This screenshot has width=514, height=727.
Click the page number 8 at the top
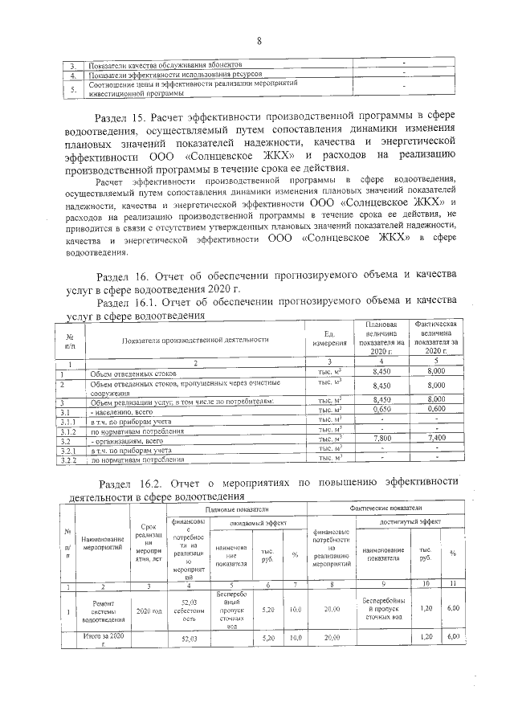pyautogui.click(x=259, y=41)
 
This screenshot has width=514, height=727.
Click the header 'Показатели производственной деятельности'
pyautogui.click(x=194, y=340)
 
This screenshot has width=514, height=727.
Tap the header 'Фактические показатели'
pyautogui.click(x=387, y=510)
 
